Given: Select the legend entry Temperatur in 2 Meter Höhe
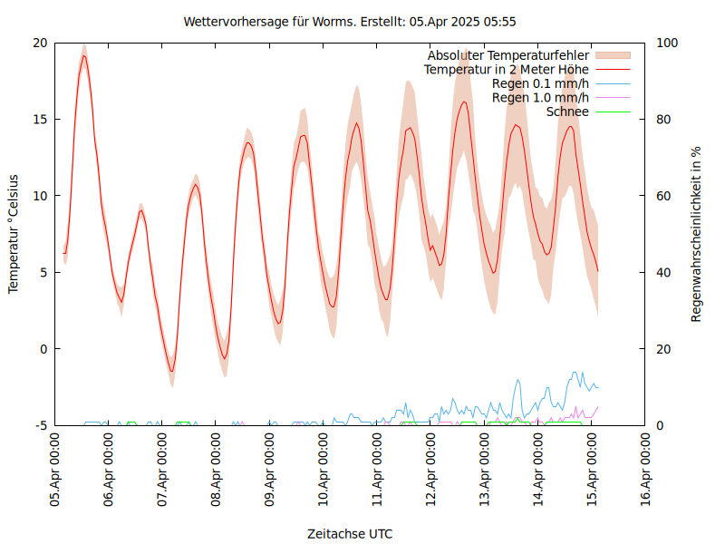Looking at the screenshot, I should click(x=507, y=69).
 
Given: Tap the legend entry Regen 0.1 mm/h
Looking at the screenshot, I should click(x=540, y=83).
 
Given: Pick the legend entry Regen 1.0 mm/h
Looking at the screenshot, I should click(x=540, y=97).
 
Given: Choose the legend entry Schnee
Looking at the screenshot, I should click(x=567, y=112).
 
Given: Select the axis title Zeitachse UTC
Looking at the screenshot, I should click(x=350, y=533).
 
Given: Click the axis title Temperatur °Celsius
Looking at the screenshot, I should click(x=14, y=234).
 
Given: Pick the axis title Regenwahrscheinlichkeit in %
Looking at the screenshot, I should click(x=696, y=234).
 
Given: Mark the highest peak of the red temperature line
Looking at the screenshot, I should click(x=84, y=55).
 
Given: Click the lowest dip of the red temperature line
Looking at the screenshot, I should click(x=172, y=371).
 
